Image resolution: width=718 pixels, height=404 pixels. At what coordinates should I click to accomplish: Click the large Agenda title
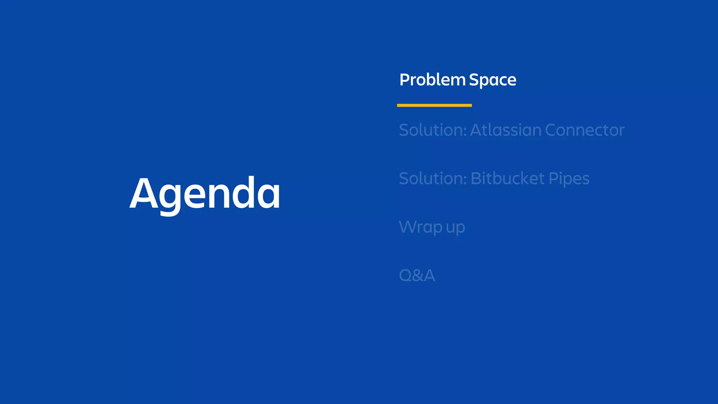click(205, 194)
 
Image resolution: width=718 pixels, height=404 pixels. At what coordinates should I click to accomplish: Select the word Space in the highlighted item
click(493, 80)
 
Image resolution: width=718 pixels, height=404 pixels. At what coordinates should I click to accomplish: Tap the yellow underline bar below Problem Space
click(434, 105)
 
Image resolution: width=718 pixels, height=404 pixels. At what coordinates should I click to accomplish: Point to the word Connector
click(585, 130)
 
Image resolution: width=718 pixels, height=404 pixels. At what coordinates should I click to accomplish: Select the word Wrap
click(421, 227)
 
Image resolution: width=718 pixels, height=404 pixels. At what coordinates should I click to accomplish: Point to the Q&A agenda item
click(417, 275)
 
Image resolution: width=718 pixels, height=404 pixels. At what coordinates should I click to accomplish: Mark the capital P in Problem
click(405, 80)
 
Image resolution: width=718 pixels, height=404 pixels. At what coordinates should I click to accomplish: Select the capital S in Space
click(475, 80)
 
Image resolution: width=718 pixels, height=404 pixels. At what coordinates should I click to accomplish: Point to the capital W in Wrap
click(409, 227)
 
